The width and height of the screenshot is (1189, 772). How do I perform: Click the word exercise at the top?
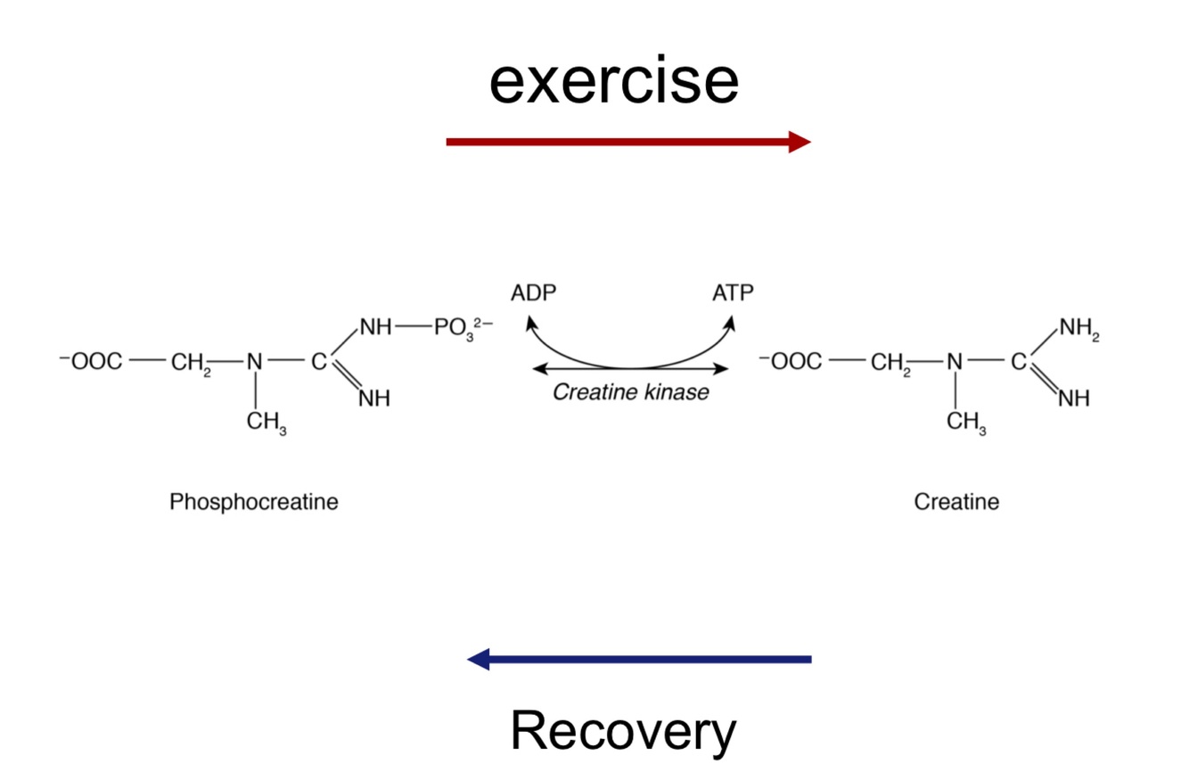click(613, 81)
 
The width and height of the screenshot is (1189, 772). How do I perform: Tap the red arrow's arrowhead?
click(799, 141)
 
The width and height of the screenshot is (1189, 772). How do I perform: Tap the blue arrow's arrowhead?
click(480, 660)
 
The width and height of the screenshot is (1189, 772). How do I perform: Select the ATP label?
click(733, 293)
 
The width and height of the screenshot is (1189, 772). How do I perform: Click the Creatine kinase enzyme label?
click(631, 392)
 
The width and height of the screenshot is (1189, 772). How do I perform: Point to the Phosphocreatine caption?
click(254, 502)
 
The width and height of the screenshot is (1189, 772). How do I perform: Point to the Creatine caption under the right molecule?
click(956, 502)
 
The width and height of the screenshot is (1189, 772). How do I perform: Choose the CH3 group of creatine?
click(966, 423)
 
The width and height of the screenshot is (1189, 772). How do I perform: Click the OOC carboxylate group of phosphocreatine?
click(91, 363)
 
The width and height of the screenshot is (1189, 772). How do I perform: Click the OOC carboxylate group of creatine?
click(791, 363)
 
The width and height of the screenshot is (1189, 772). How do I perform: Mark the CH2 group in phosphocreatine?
click(193, 364)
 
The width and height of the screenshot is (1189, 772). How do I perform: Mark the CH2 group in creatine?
click(892, 364)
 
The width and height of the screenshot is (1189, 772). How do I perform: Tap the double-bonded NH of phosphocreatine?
click(374, 398)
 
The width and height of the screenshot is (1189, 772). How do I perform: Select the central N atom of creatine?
click(955, 363)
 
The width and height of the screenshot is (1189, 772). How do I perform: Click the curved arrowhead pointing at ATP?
click(730, 325)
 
